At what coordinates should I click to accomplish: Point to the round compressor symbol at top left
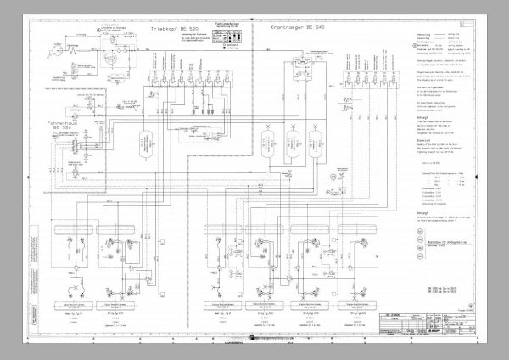click(x=62, y=49)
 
